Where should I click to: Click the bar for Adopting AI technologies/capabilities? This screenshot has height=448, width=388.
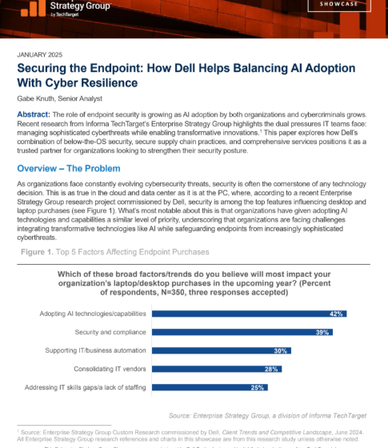click(x=249, y=314)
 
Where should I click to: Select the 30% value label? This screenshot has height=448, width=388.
click(x=280, y=350)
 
